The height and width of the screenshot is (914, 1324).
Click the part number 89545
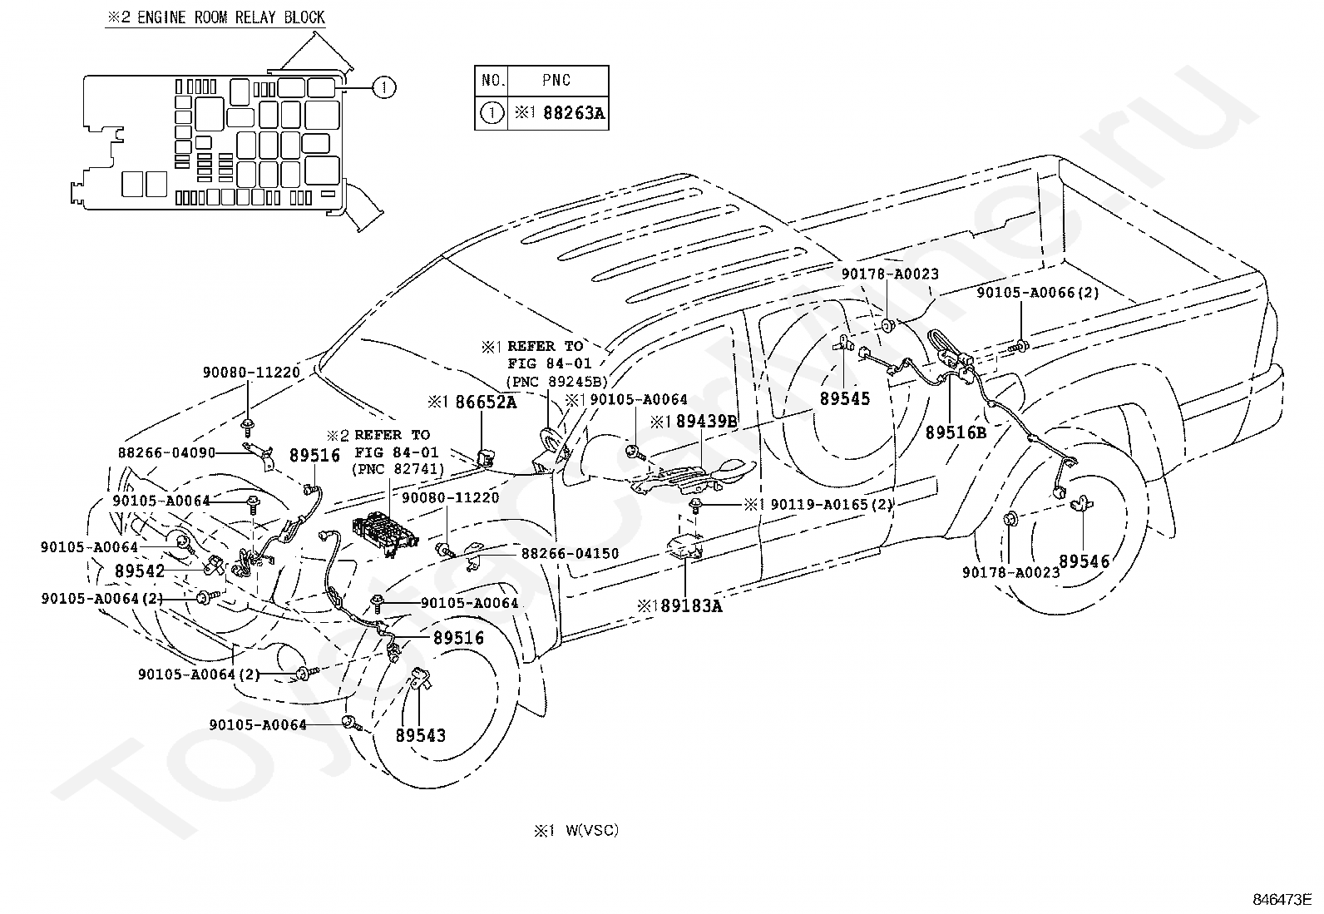click(845, 398)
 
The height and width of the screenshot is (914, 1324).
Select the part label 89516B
click(956, 432)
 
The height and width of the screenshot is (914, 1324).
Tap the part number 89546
click(1084, 561)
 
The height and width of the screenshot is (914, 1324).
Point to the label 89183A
click(691, 606)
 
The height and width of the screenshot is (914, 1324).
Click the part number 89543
click(420, 735)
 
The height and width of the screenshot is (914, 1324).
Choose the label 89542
click(140, 571)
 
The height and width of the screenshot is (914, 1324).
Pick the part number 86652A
click(486, 403)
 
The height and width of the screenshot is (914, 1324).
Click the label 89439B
click(707, 422)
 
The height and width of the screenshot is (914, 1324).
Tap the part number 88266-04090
click(166, 453)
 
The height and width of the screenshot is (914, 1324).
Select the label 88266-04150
click(570, 553)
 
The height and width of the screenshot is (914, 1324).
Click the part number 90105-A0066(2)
click(1038, 293)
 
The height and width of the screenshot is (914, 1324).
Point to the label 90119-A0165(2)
click(832, 504)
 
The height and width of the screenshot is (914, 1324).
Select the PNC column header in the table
click(556, 81)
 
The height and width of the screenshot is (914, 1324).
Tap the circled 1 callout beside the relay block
click(384, 87)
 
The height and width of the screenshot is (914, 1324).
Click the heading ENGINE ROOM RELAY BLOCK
click(231, 17)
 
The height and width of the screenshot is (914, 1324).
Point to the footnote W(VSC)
click(592, 830)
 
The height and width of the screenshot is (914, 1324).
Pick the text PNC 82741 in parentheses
click(398, 469)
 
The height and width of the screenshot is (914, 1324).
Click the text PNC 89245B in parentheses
click(556, 382)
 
